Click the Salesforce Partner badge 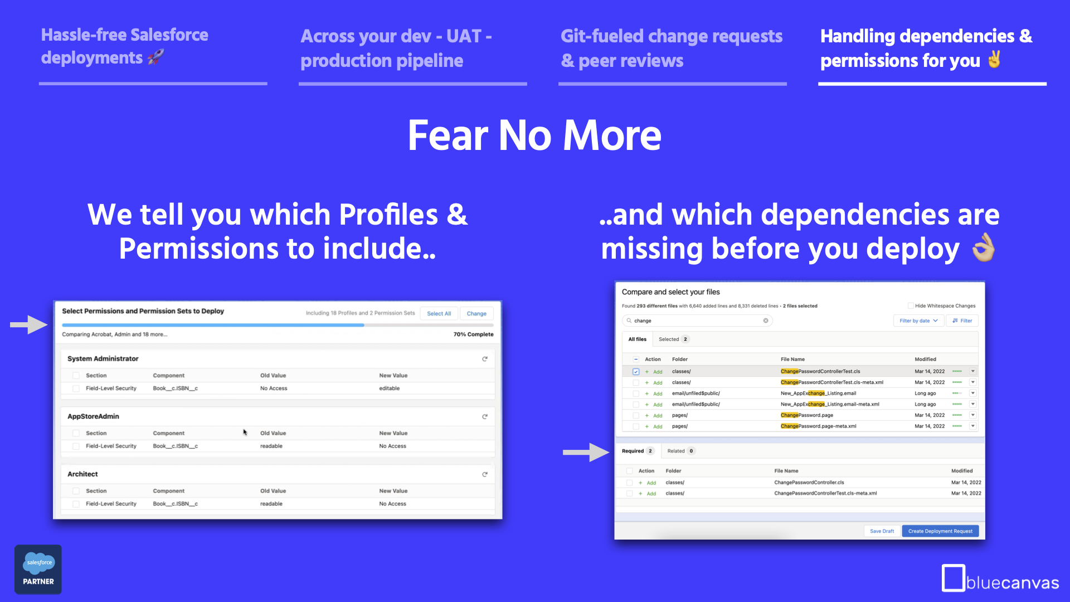[x=38, y=569]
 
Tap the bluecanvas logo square [x=953, y=577]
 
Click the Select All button [x=439, y=313]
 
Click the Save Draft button [x=882, y=531]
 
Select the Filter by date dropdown [x=918, y=321]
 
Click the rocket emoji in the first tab [x=155, y=57]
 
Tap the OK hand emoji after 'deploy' [x=984, y=248]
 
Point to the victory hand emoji [x=994, y=59]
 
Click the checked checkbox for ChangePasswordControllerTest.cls [x=636, y=371]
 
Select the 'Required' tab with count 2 [x=638, y=451]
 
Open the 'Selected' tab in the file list [x=673, y=339]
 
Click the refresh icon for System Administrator [x=485, y=359]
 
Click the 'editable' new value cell [x=390, y=389]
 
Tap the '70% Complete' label [x=473, y=334]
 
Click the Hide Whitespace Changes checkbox [x=911, y=305]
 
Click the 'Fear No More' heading [x=534, y=135]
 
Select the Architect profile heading [x=82, y=474]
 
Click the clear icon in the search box [x=766, y=321]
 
